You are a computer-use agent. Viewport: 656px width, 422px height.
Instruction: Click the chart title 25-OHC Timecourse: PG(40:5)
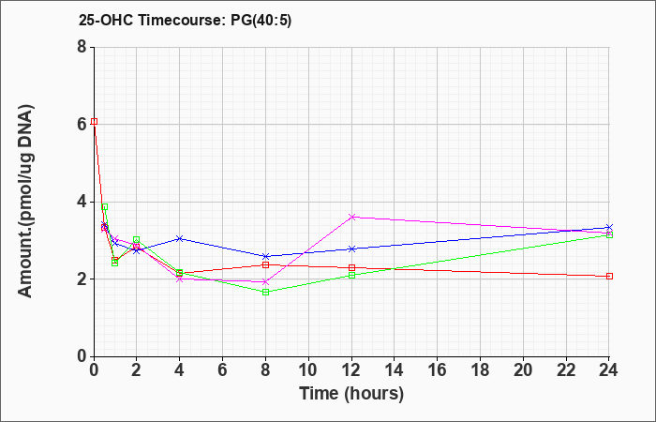[x=185, y=21]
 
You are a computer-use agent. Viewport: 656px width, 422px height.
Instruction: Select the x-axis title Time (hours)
[x=351, y=394]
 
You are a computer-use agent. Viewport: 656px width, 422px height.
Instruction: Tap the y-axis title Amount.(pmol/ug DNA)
[x=26, y=202]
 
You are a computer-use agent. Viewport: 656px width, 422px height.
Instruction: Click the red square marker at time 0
[x=94, y=121]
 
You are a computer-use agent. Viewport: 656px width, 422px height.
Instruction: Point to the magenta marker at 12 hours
[x=351, y=217]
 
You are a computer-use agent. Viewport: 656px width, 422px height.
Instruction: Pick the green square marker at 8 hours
[x=265, y=293]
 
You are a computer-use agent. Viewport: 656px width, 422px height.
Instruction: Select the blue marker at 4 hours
[x=180, y=238]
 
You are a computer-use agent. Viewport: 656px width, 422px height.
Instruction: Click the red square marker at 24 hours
[x=609, y=277]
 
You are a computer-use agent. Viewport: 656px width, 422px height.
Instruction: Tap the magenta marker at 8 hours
[x=265, y=281]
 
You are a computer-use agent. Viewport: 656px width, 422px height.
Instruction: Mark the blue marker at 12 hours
[x=351, y=249]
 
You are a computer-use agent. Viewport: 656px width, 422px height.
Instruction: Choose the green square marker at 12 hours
[x=351, y=276]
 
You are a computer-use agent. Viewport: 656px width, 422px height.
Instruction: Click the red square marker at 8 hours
[x=265, y=265]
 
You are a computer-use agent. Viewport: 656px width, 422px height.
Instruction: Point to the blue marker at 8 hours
[x=265, y=256]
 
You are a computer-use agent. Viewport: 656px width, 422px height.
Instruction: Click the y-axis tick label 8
[x=82, y=47]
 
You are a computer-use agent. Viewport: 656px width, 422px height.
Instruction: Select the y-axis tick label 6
[x=82, y=125]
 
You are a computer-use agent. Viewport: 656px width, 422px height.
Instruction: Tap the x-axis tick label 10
[x=308, y=370]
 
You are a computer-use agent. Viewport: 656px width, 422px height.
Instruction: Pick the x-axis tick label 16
[x=438, y=370]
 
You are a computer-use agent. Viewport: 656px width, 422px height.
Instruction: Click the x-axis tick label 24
[x=609, y=370]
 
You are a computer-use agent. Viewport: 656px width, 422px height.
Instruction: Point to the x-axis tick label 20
[x=523, y=370]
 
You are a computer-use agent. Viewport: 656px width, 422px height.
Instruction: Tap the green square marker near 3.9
[x=105, y=207]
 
